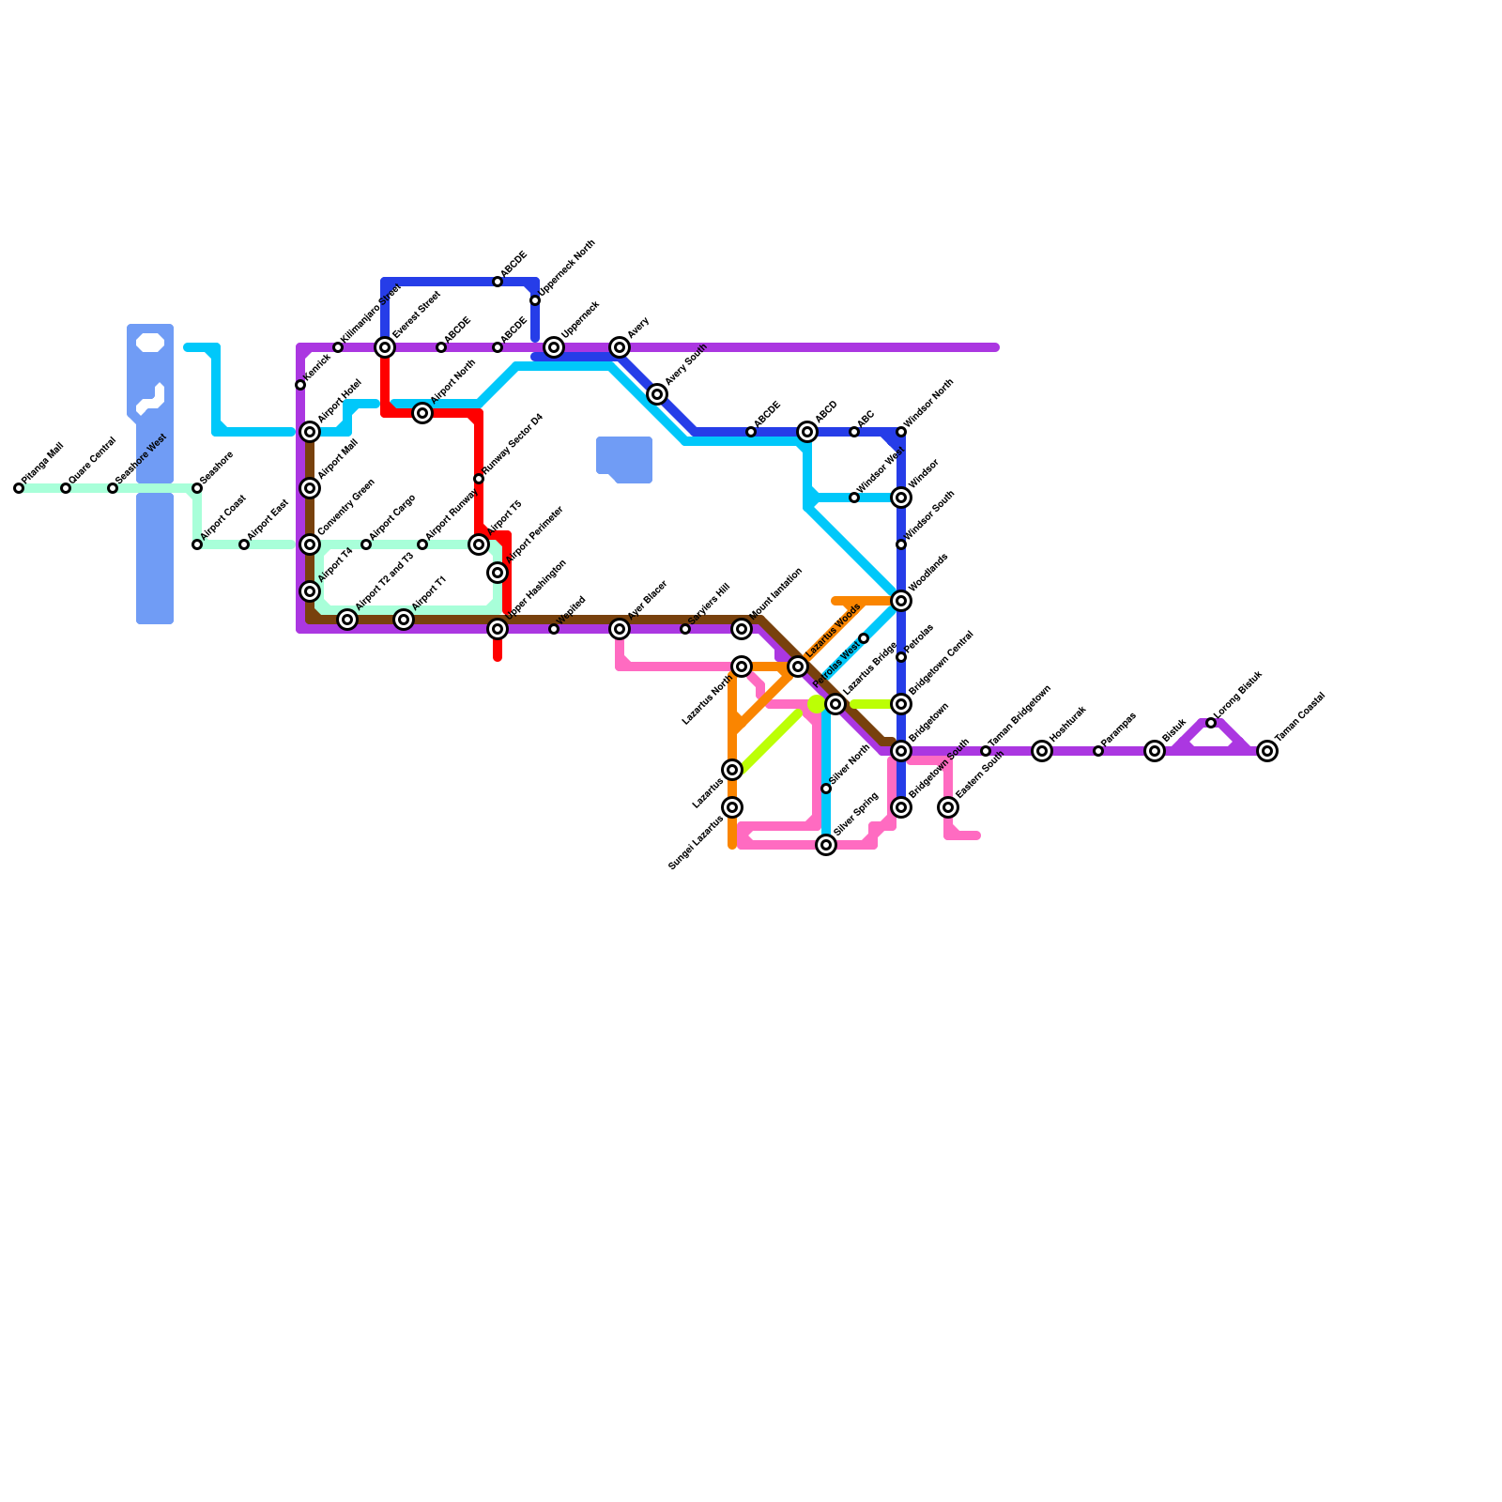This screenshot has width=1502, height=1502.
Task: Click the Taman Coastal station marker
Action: [1267, 751]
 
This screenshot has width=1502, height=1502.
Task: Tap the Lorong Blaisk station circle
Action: [1211, 723]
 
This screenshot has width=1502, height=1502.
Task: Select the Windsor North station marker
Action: [901, 432]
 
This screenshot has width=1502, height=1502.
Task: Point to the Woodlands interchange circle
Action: [901, 601]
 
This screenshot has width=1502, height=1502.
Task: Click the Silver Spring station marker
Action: [826, 845]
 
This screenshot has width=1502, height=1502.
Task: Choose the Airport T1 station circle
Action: [404, 620]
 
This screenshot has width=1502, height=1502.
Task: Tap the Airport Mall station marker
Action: [310, 488]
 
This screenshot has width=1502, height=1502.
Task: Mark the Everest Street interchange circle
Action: [385, 347]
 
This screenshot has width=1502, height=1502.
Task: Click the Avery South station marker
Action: [657, 394]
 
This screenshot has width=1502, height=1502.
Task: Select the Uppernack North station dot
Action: [535, 300]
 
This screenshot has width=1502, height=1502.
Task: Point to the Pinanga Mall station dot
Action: [19, 488]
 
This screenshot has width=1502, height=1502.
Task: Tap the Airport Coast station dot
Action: [197, 544]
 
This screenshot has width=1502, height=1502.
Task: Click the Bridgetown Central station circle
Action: [901, 704]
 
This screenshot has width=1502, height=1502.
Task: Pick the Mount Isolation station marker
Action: [742, 629]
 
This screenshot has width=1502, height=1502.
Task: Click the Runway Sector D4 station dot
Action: [479, 479]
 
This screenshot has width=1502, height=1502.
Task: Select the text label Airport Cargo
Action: [392, 518]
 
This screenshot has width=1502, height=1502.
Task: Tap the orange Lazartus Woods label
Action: [834, 630]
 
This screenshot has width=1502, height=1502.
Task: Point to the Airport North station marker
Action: [422, 413]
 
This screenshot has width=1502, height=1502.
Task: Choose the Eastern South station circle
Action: [948, 807]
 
